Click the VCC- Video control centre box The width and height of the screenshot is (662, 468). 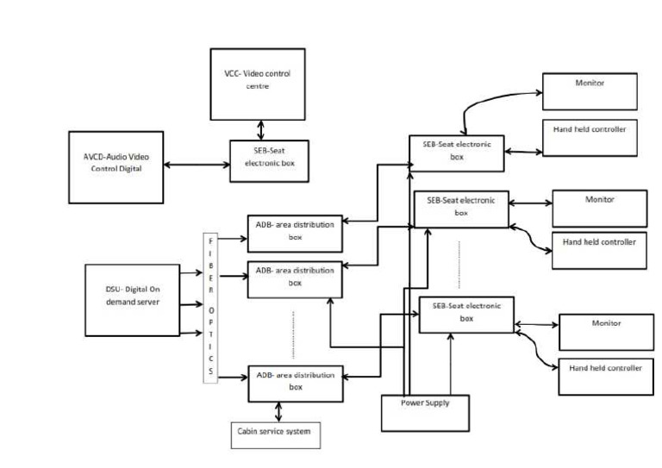click(x=258, y=84)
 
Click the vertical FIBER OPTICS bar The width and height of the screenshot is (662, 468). click(x=211, y=306)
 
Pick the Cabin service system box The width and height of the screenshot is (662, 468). click(x=276, y=434)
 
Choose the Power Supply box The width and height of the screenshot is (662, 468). click(x=427, y=412)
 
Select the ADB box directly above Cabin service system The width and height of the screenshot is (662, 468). click(x=295, y=383)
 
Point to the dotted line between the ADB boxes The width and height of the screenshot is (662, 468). click(x=295, y=334)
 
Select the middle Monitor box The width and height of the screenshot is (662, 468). click(x=599, y=208)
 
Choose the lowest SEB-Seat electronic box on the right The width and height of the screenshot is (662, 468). click(x=466, y=314)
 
